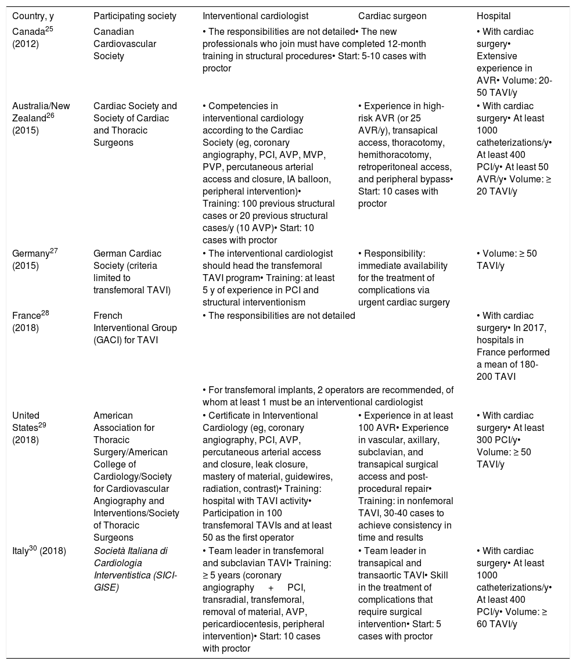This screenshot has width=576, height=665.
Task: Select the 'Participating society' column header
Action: pos(135,16)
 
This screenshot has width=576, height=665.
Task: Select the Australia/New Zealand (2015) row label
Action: pos(41,118)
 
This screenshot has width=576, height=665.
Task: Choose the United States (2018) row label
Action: pos(32,427)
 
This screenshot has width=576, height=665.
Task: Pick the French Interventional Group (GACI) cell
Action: pos(135,328)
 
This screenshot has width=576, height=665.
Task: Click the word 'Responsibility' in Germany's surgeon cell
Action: pos(391,254)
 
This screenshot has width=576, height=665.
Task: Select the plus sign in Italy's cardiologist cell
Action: pos(271,587)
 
